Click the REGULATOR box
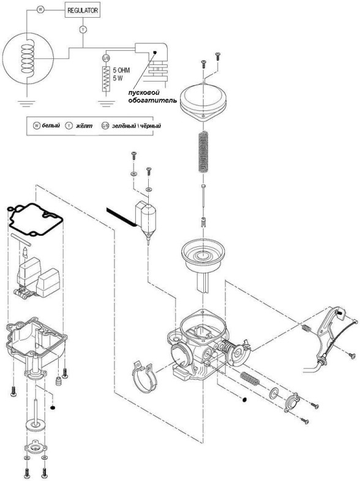point(83,10)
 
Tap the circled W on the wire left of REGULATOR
point(40,10)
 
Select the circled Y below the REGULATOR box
point(83,30)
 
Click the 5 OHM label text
point(121,70)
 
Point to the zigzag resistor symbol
point(106,78)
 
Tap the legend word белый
point(51,126)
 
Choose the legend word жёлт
point(84,126)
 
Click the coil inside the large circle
point(28,58)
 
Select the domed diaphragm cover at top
point(203,100)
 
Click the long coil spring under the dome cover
point(204,152)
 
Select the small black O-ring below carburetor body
point(244,400)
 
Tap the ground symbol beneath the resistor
point(106,104)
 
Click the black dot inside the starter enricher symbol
point(155,52)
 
